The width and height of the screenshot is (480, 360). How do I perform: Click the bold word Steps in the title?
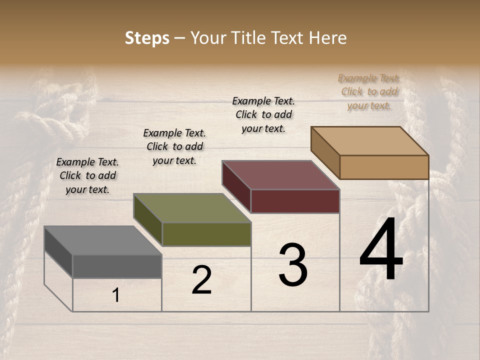pyautogui.click(x=147, y=38)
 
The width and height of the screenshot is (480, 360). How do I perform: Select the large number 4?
pyautogui.click(x=381, y=250)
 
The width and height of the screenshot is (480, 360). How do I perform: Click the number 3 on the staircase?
pyautogui.click(x=293, y=265)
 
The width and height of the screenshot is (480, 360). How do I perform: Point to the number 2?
pyautogui.click(x=202, y=280)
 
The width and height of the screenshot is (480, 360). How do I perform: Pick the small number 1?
pyautogui.click(x=116, y=295)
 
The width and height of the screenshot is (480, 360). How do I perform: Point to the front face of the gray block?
pyautogui.click(x=117, y=266)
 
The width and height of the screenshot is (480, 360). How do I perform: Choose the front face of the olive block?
pyautogui.click(x=206, y=234)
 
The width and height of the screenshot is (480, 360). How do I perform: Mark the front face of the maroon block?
pyautogui.click(x=295, y=201)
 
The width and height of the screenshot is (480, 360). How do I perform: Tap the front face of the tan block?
pyautogui.click(x=384, y=167)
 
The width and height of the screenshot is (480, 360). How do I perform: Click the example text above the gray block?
pyautogui.click(x=87, y=175)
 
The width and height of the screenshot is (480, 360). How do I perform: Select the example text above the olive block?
pyautogui.click(x=174, y=146)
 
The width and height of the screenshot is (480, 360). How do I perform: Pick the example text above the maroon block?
pyautogui.click(x=263, y=114)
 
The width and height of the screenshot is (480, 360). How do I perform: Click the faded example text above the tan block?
pyautogui.click(x=369, y=91)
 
